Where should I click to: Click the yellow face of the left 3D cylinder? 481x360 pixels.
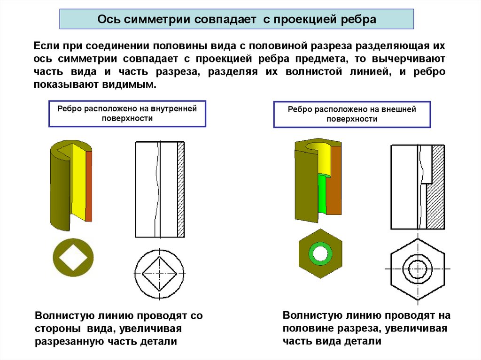(x=78, y=183)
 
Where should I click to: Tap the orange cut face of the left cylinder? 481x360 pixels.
(x=89, y=185)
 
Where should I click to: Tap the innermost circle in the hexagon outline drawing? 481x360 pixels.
(x=417, y=269)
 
